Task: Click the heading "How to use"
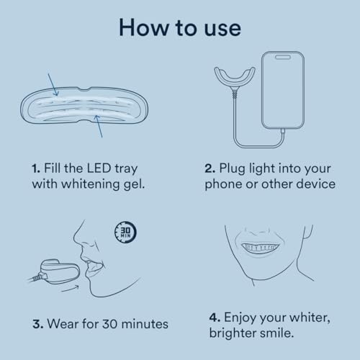180,28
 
